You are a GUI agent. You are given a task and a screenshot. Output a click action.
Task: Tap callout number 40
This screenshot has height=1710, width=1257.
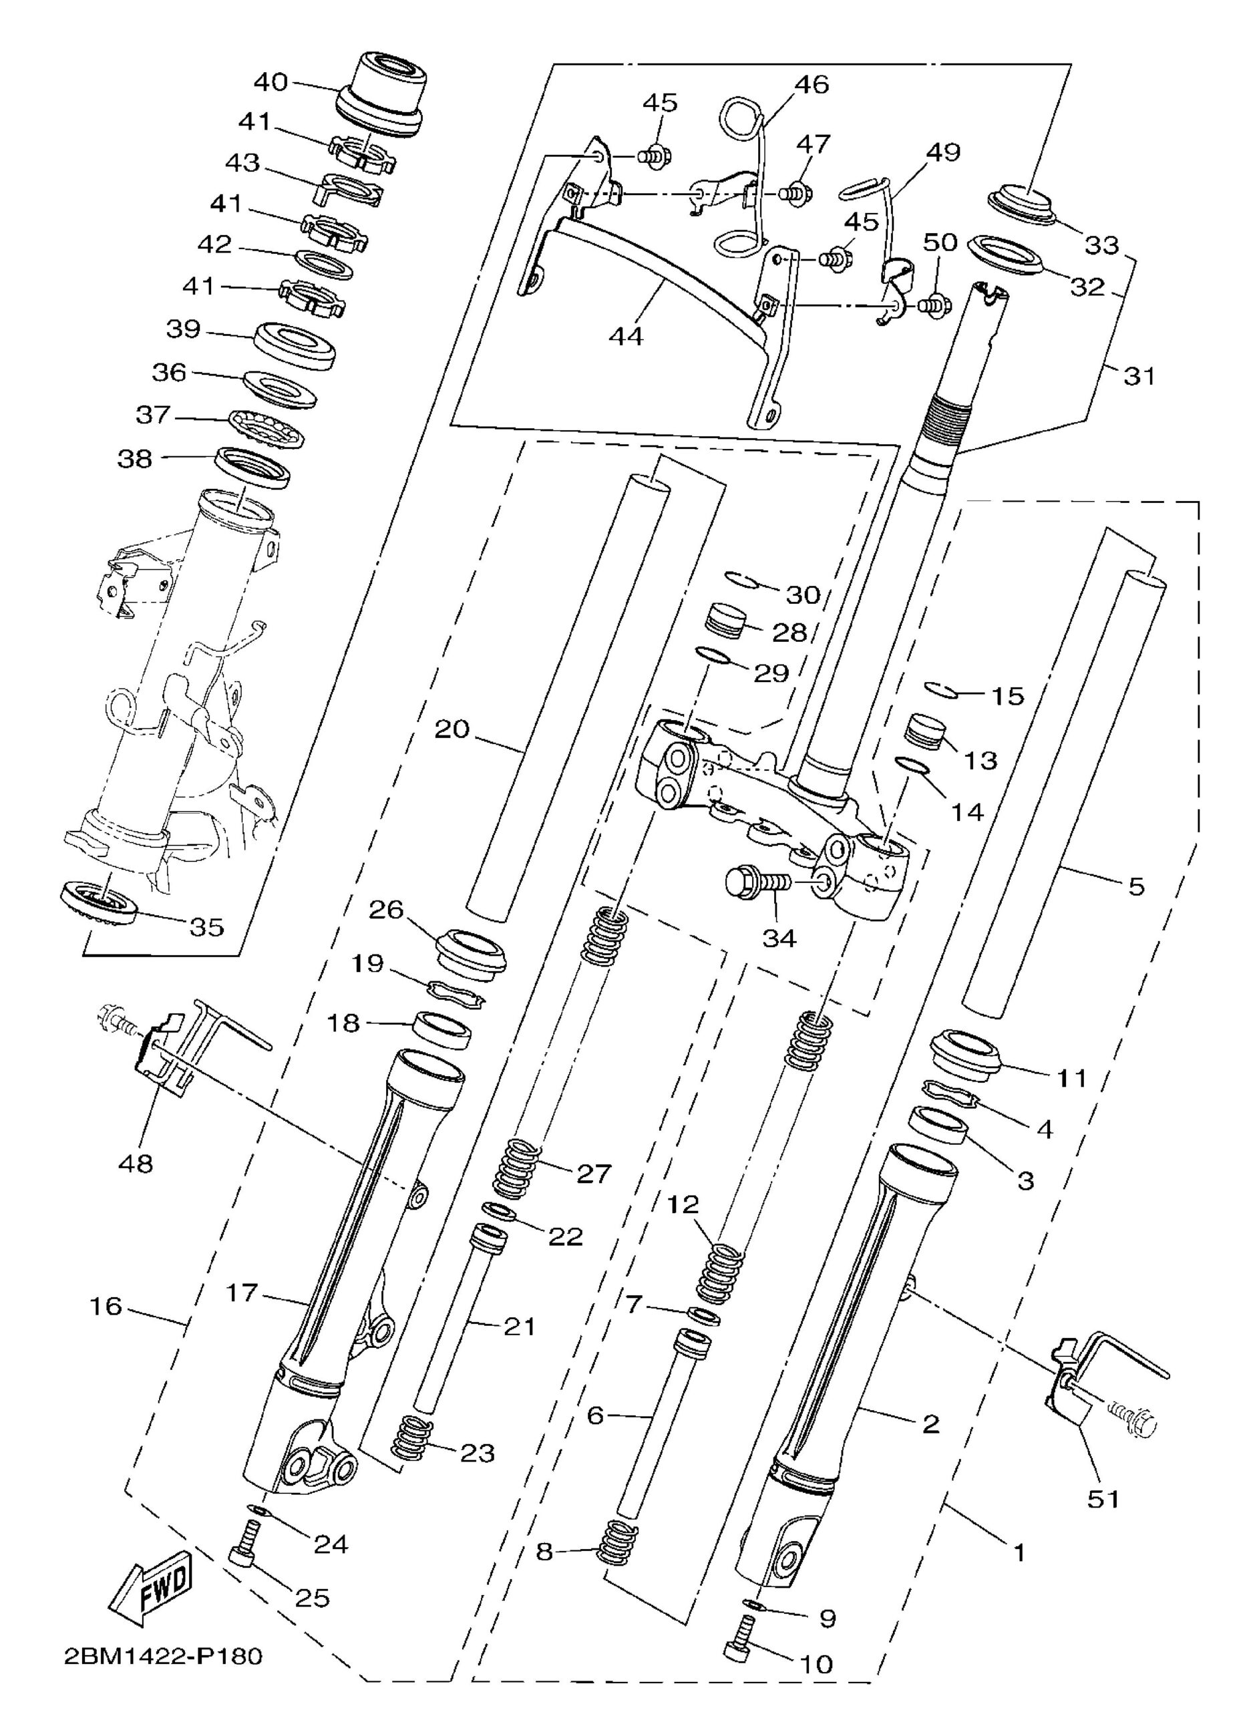(x=271, y=81)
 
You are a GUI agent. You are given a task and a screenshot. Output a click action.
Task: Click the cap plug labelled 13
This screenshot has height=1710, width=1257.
(x=924, y=731)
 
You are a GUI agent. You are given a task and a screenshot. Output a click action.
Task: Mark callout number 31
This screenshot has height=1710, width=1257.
(x=1139, y=375)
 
